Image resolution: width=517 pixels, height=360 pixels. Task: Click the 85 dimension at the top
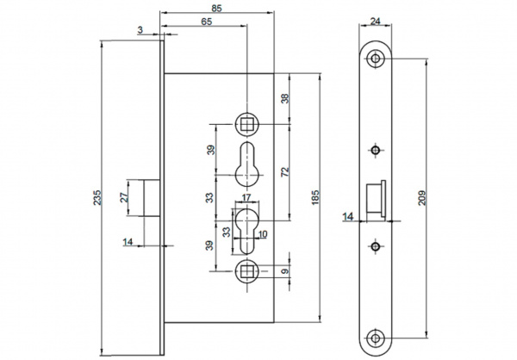pos(218,7)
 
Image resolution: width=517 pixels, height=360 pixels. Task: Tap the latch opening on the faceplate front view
pos(376,197)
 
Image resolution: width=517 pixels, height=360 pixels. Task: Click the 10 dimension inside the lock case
pos(262,233)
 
